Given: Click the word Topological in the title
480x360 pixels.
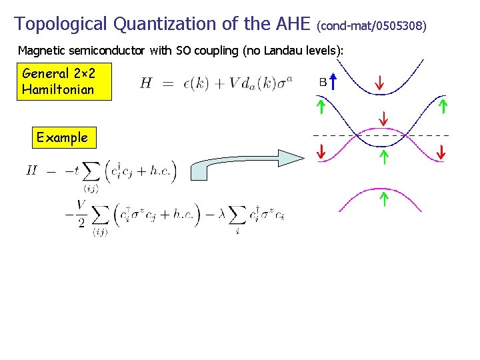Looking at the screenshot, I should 61,24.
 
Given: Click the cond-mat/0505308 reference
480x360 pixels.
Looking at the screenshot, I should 371,26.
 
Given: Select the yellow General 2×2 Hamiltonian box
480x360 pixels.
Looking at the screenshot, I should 58,81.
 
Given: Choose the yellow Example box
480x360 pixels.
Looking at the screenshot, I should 63,138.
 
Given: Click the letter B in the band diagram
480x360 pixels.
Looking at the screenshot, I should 323,83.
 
